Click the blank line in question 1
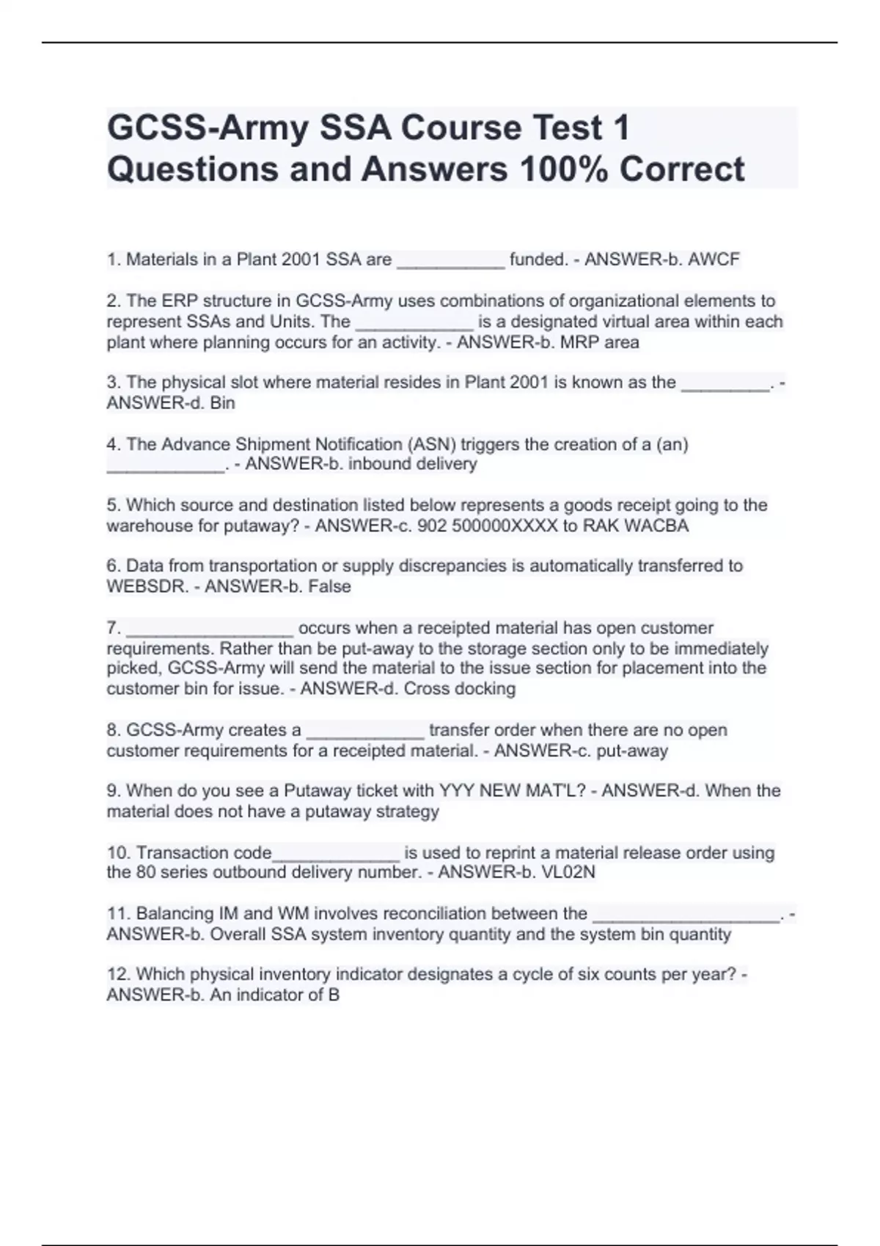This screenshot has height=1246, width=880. (x=450, y=265)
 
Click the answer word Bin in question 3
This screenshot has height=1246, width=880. (x=222, y=403)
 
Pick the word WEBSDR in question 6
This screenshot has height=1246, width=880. (x=147, y=586)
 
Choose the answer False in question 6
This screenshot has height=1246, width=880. (x=329, y=586)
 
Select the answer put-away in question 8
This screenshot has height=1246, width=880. (x=632, y=751)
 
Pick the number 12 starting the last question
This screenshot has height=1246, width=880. (x=117, y=975)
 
